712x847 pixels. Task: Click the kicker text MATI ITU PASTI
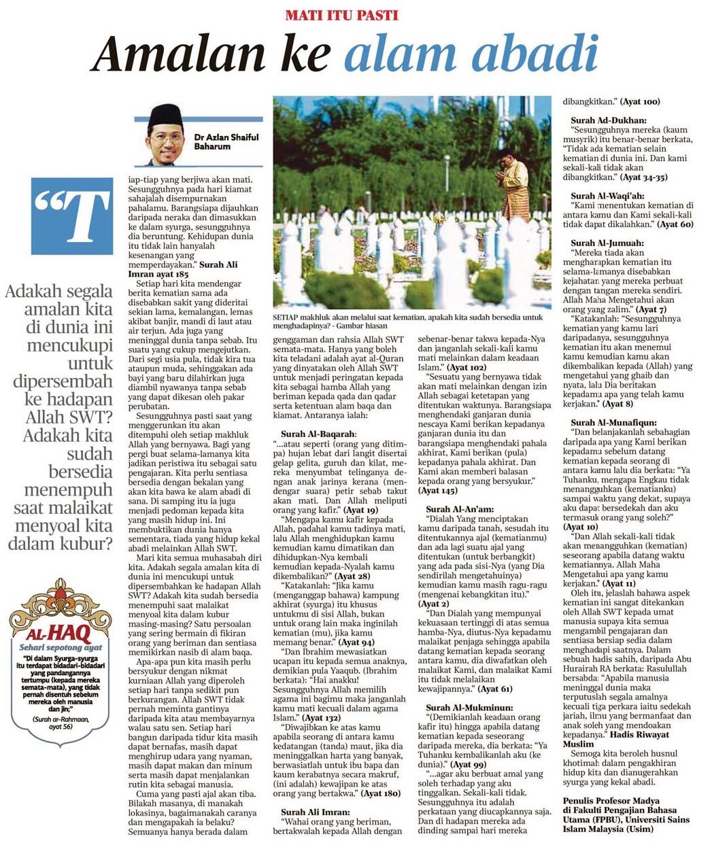tap(341, 14)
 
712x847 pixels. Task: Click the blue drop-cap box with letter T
tap(71, 216)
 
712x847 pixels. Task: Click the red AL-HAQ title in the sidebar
tap(60, 634)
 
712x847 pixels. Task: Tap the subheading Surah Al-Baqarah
tap(318, 434)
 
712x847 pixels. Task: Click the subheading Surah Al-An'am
tap(460, 508)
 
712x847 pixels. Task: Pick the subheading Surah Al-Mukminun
tap(467, 708)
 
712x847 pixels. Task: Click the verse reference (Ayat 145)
tap(438, 490)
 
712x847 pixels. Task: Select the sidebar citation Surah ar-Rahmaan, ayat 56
tap(60, 722)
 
